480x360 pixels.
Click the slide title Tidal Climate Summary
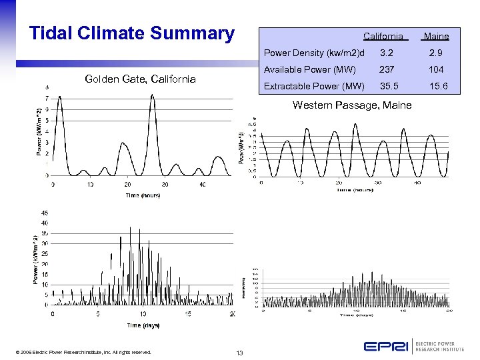(x=132, y=33)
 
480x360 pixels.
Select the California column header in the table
(x=383, y=36)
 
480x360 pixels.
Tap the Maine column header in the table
(x=436, y=36)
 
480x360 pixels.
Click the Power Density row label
(x=314, y=53)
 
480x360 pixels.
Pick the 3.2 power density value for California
(x=387, y=53)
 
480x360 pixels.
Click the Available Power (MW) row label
(x=310, y=69)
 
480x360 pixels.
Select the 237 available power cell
(x=387, y=69)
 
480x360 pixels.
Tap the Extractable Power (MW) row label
(x=314, y=86)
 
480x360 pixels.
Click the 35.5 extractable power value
(x=387, y=86)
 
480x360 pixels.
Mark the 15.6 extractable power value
(x=439, y=86)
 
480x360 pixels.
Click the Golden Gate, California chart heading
(x=141, y=79)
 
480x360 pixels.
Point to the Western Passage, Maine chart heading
(x=352, y=105)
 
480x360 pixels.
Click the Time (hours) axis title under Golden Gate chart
(x=143, y=195)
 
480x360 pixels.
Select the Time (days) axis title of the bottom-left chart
(x=143, y=325)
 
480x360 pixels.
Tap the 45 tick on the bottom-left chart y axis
(x=44, y=213)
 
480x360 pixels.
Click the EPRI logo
(x=386, y=347)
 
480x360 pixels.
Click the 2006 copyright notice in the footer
(x=85, y=352)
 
